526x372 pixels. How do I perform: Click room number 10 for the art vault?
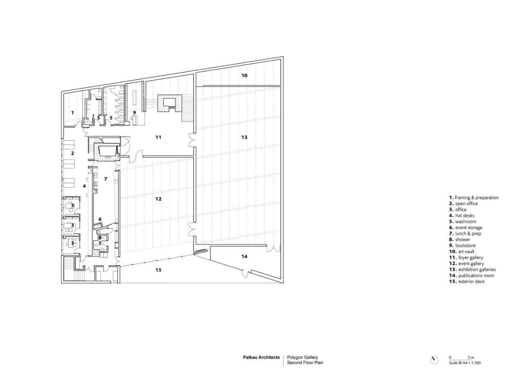click(244, 76)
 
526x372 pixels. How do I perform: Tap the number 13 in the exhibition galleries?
click(244, 137)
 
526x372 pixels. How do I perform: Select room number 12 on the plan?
click(158, 199)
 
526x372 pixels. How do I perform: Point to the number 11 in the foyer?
click(158, 137)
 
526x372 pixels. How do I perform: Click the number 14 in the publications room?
click(244, 257)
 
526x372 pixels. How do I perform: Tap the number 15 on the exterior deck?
click(158, 270)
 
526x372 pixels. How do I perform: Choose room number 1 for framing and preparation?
click(73, 113)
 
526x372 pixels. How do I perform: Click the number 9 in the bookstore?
click(134, 113)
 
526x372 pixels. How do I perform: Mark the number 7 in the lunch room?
click(106, 179)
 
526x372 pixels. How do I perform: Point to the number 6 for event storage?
click(100, 219)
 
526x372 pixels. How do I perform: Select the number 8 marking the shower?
click(100, 238)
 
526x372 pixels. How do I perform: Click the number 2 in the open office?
click(73, 153)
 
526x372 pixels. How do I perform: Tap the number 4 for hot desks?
click(84, 186)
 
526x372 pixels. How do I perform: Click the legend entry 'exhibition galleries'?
click(477, 270)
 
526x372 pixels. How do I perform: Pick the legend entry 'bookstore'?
click(466, 246)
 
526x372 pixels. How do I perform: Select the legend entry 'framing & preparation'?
click(477, 198)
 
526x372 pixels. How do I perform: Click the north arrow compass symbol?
click(434, 360)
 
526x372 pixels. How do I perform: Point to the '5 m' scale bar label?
click(471, 358)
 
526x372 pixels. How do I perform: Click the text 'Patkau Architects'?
click(261, 358)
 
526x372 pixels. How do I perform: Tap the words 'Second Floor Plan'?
click(305, 363)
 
